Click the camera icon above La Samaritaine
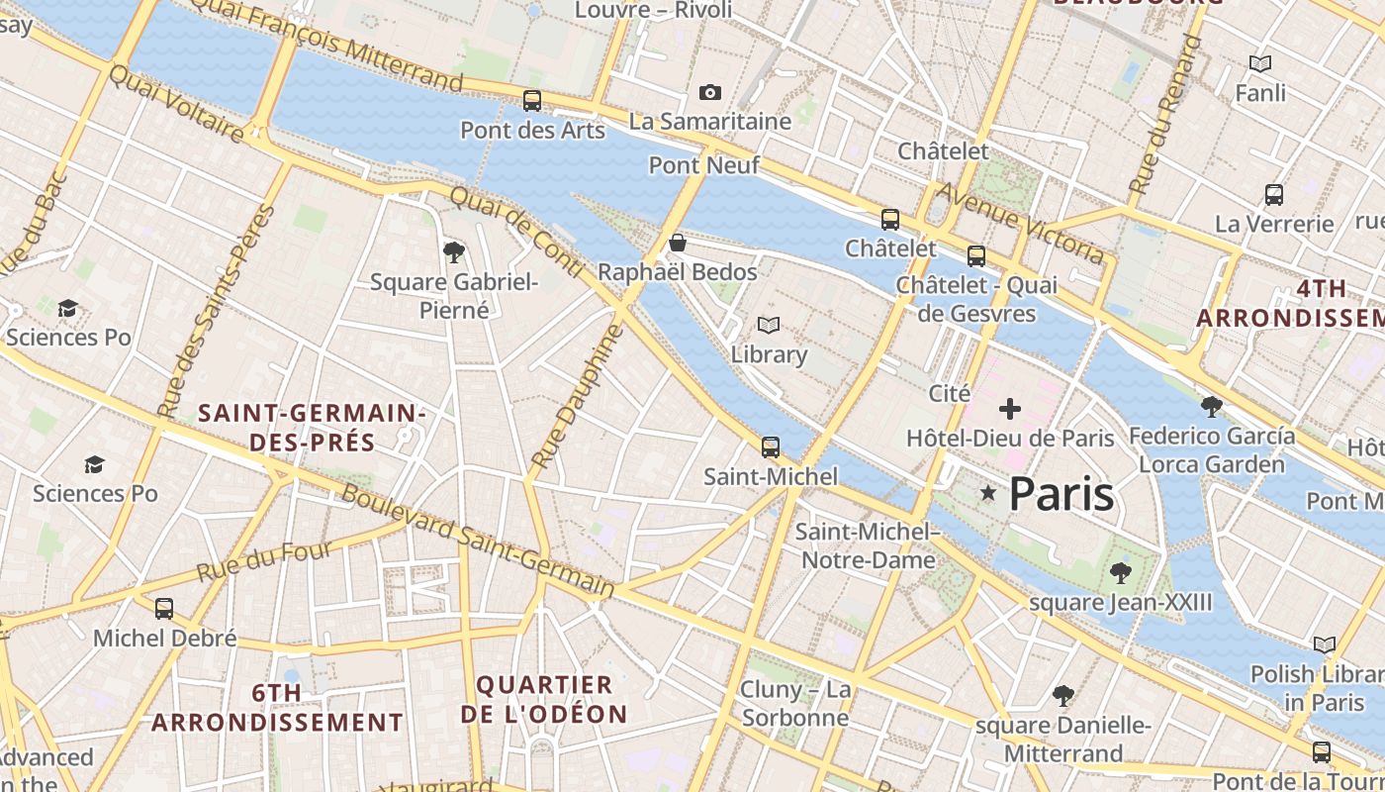coord(709,93)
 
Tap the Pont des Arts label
coord(532,130)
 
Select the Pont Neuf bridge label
coord(704,165)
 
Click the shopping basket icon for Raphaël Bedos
coord(678,243)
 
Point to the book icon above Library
coord(769,325)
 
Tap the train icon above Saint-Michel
coord(771,447)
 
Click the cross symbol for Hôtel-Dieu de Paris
coord(1010,408)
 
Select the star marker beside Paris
coord(987,493)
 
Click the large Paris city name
coord(1062,494)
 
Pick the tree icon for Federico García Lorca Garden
coord(1211,406)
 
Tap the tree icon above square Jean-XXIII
coord(1120,572)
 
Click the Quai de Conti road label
coord(516,234)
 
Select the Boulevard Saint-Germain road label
coord(477,540)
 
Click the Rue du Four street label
coord(263,561)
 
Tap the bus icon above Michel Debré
coord(164,609)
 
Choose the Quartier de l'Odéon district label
coord(544,699)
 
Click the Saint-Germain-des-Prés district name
coord(312,428)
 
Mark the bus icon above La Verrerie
coord(1274,195)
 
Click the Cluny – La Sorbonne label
coord(795,703)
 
